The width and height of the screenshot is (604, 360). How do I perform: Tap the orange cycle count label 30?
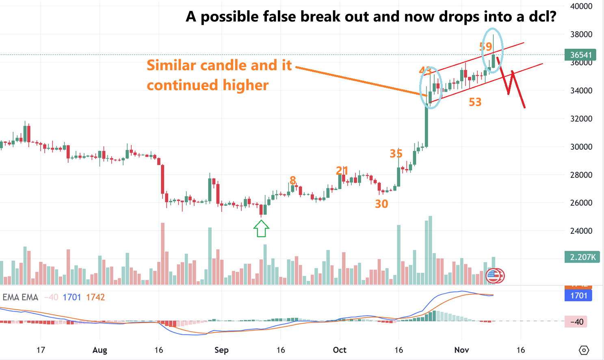click(x=381, y=204)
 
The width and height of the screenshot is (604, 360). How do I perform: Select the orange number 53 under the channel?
click(x=475, y=102)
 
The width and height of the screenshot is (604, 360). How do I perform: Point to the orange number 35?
click(x=396, y=153)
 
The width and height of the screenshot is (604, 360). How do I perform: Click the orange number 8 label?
click(x=292, y=180)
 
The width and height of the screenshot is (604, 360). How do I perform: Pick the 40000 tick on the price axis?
click(x=581, y=6)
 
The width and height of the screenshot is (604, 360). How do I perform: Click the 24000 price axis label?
click(x=581, y=231)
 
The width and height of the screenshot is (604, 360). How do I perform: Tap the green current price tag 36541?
click(x=581, y=55)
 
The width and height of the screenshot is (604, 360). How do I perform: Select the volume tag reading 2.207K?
click(x=582, y=257)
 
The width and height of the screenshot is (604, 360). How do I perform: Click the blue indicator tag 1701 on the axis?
click(x=578, y=295)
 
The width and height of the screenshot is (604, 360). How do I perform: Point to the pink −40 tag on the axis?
click(x=576, y=322)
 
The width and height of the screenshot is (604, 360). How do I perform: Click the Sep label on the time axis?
click(x=221, y=350)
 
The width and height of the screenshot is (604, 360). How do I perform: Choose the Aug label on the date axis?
click(x=100, y=350)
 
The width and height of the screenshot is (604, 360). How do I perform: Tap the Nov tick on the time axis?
click(x=461, y=350)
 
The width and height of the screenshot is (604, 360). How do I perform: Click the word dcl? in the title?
click(x=542, y=17)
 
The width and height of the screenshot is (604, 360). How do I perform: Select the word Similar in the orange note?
click(x=171, y=65)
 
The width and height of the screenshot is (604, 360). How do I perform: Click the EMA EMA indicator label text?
click(x=20, y=297)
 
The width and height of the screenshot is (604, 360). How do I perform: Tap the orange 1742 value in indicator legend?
click(x=95, y=297)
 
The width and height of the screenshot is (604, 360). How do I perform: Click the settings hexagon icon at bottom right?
click(x=584, y=350)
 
